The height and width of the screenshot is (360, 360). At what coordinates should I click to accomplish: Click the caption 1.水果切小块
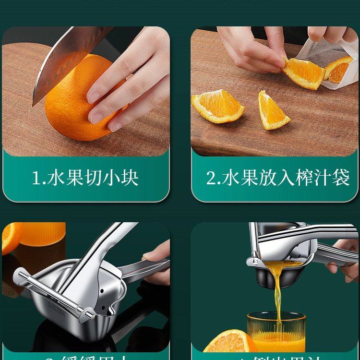pyautogui.click(x=85, y=178)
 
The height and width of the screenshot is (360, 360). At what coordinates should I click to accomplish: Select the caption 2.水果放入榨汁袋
pyautogui.click(x=278, y=178)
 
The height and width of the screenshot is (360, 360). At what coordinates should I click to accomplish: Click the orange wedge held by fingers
pyautogui.click(x=302, y=72)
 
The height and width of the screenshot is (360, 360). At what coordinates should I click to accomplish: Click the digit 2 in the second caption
pyautogui.click(x=212, y=179)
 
